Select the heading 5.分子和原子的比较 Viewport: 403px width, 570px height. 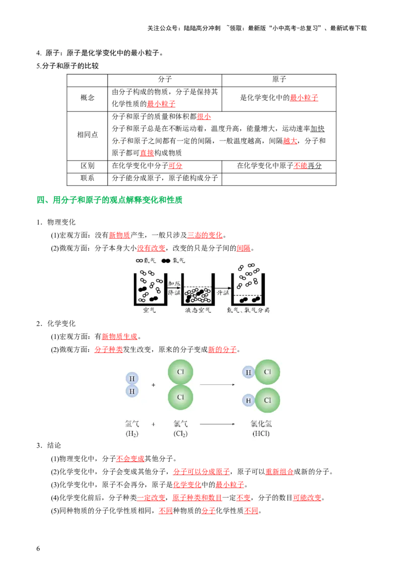[68, 66]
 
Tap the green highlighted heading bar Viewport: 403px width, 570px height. [110, 199]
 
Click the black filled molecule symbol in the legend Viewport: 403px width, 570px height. [166, 261]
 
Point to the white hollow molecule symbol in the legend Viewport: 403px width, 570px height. [139, 261]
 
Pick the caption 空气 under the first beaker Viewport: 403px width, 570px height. [150, 310]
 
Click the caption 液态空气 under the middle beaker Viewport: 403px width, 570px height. [198, 310]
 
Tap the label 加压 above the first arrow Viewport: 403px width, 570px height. [174, 284]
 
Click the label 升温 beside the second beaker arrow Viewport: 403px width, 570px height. [223, 292]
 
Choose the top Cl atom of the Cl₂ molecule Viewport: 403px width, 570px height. [180, 372]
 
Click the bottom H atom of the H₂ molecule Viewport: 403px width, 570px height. [132, 391]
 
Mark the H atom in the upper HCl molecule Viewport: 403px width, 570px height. [248, 372]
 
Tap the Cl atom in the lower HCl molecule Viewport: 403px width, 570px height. [267, 401]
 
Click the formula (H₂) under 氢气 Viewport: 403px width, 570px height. [132, 434]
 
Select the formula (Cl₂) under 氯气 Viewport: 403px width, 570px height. [180, 434]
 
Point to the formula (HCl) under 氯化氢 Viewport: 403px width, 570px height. [261, 434]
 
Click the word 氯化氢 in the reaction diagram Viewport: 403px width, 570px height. [261, 424]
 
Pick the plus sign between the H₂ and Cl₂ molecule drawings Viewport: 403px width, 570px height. [153, 385]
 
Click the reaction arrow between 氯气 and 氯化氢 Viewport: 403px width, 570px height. [217, 424]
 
